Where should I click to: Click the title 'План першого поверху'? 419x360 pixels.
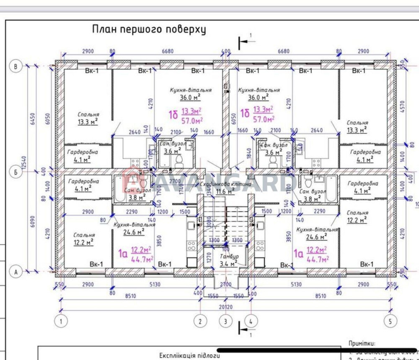149,30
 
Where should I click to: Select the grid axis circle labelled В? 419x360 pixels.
16,67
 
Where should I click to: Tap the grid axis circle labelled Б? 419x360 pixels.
16,172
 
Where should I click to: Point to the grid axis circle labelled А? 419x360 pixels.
16,272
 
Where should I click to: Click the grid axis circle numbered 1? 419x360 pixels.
61,321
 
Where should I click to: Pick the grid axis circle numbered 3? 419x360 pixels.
225,321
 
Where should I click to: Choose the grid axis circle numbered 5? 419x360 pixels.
391,321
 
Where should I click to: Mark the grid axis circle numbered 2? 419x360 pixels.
200,321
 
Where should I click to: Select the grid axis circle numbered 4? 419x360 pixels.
251,321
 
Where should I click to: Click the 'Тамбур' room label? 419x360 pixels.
229,256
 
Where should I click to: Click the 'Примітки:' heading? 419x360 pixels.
362,344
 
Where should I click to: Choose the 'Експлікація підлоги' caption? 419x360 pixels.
190,355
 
